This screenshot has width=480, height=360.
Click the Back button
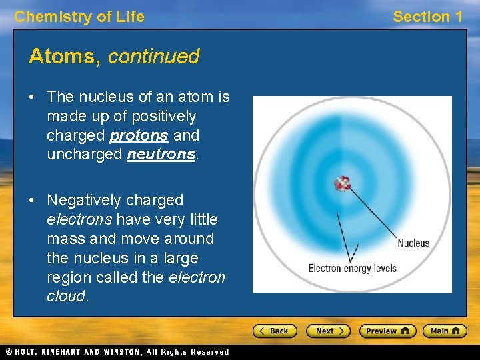tap(274, 331)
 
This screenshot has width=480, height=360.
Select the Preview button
tap(387, 331)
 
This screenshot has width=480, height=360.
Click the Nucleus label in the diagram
tap(413, 243)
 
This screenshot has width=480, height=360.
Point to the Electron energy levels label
tap(352, 269)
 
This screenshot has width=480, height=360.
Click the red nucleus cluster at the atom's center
tap(342, 183)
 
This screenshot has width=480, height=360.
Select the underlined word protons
tap(139, 136)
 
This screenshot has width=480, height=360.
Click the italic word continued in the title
tap(153, 57)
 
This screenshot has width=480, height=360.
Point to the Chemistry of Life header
tap(79, 17)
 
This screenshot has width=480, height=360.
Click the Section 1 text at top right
tap(427, 17)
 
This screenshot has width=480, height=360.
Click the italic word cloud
tap(66, 297)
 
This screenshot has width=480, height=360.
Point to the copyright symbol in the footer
tap(9, 352)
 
